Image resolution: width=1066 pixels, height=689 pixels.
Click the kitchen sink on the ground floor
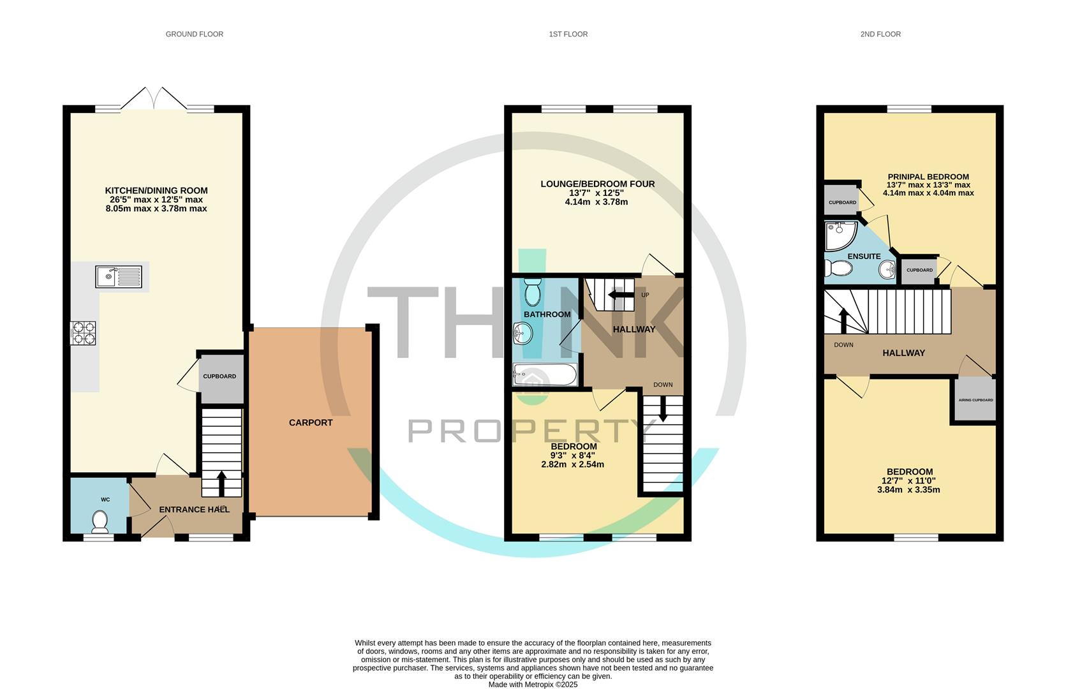[119, 276]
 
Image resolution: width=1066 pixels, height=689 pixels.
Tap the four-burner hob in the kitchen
[83, 333]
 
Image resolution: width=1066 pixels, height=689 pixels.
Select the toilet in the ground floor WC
[100, 522]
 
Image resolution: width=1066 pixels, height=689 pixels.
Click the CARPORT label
[311, 422]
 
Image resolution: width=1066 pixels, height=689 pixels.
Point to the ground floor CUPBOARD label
[219, 376]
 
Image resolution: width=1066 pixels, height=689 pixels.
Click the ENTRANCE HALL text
[194, 510]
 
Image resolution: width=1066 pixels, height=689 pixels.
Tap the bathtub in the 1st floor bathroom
[545, 374]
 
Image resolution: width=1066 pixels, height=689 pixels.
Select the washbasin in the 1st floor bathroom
[523, 332]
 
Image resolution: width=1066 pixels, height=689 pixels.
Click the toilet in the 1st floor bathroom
[533, 292]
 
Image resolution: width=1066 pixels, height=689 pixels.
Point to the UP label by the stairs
[646, 295]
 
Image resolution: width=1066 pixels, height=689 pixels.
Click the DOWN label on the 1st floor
[663, 385]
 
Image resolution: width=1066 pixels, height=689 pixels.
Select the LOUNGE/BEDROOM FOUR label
[597, 184]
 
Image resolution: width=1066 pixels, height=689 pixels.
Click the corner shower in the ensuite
[840, 235]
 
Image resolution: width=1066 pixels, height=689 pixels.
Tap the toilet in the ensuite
[838, 268]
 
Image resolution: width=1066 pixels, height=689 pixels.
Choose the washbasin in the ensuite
[887, 270]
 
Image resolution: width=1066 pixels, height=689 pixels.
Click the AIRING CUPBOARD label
[975, 400]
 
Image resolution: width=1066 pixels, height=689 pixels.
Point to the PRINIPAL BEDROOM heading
[928, 177]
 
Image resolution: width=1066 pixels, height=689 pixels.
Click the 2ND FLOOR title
[880, 34]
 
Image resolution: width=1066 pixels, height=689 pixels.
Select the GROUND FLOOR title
[194, 34]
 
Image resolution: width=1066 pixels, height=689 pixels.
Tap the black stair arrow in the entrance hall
[221, 484]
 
